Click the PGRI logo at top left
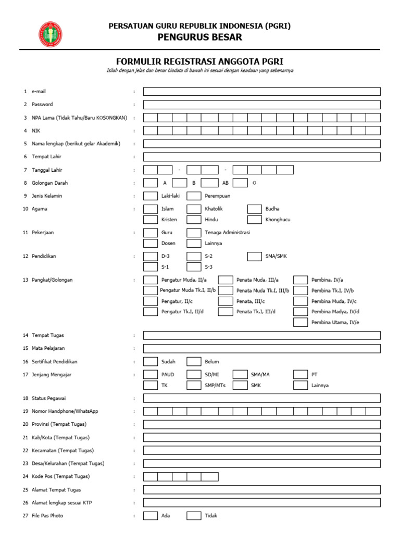(51, 34)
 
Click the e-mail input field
(261, 92)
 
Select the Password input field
(261, 105)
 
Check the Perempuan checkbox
(194, 196)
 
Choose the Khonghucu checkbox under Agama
(254, 220)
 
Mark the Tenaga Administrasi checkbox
(194, 233)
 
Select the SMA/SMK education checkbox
(254, 256)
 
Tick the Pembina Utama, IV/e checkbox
(300, 322)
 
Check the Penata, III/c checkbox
(225, 301)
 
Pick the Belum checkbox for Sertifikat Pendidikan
(194, 361)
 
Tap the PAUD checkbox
(151, 374)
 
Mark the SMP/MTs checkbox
(194, 385)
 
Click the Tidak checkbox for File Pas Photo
(194, 516)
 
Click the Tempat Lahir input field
(261, 157)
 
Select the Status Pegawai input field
(261, 398)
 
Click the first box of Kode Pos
(151, 476)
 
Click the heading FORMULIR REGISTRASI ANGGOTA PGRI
(199, 61)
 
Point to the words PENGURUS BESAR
(200, 37)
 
